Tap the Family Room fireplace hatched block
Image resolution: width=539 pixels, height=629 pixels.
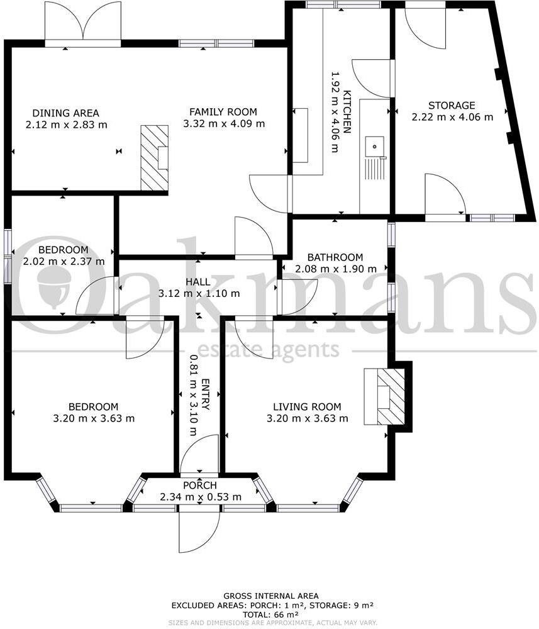[154, 157]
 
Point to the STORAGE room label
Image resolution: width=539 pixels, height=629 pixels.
[452, 105]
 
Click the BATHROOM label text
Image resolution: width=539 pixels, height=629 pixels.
[335, 257]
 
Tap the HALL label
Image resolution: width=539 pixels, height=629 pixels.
[199, 282]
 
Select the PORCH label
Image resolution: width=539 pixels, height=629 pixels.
[199, 486]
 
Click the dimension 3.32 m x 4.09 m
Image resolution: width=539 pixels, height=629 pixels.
[224, 124]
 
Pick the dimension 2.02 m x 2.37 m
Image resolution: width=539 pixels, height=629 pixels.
[64, 261]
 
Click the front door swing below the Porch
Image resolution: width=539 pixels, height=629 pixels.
[199, 530]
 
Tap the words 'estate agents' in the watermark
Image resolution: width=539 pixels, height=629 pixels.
[268, 350]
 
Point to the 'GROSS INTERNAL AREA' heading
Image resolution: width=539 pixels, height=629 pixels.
[271, 596]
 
